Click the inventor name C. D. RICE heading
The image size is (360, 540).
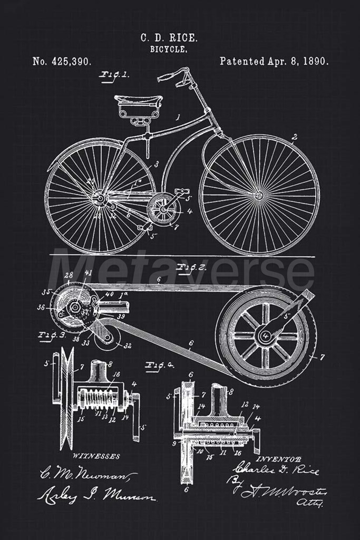coord(169,37)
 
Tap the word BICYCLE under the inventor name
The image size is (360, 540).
coord(169,49)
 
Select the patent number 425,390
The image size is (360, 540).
coord(62,61)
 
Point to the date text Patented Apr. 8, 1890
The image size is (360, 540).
coord(274,61)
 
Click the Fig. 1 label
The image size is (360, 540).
coord(114,74)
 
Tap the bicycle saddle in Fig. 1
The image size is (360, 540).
coord(139,100)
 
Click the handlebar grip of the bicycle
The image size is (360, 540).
coord(166,77)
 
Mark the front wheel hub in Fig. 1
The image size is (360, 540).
coord(259,196)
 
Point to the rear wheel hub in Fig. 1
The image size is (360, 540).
coord(99,199)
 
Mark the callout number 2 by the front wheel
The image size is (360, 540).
coord(295,137)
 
